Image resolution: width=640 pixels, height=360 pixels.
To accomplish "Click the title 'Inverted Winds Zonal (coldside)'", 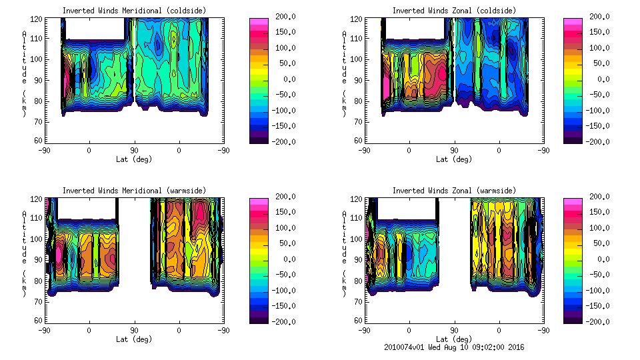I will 454,10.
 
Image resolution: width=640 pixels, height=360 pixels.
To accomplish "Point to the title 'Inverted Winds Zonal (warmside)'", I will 454,190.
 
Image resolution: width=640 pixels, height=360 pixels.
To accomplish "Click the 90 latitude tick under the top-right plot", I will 454,150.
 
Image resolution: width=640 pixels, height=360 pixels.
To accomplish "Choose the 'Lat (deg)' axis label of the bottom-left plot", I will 133,339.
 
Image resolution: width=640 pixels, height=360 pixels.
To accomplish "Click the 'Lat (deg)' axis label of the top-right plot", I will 451,159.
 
